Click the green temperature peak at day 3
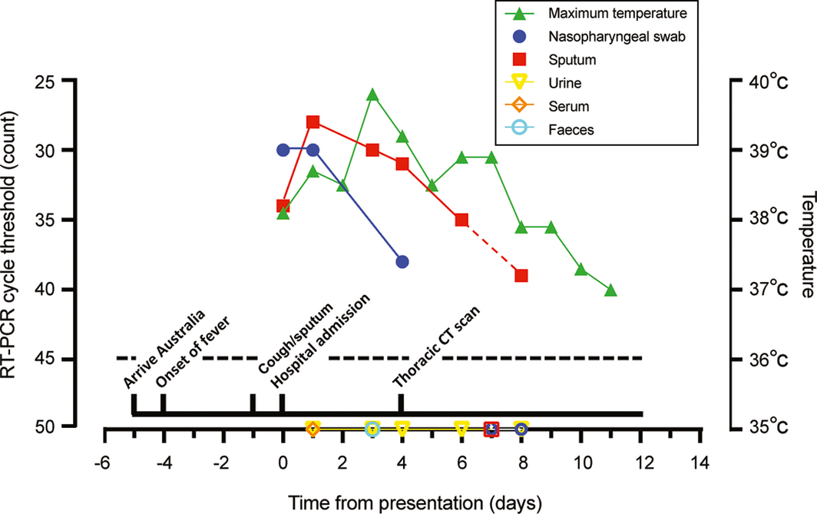click(x=372, y=95)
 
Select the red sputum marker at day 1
click(x=313, y=122)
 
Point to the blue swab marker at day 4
click(x=402, y=262)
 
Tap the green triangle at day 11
click(x=610, y=290)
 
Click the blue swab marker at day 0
click(x=283, y=150)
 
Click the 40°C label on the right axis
click(x=769, y=80)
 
